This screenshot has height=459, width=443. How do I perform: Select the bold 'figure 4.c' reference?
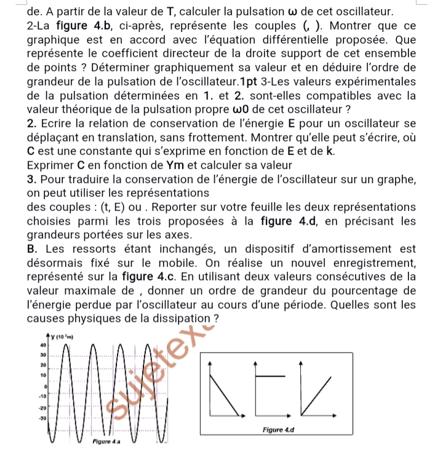coord(156,277)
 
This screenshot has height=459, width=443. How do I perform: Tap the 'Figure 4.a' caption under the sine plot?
coord(106,442)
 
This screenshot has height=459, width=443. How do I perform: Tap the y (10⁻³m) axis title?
coord(60,336)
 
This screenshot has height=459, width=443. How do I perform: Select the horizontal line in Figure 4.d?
coord(268,375)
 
